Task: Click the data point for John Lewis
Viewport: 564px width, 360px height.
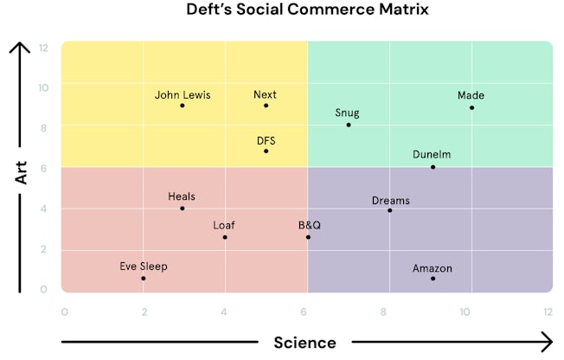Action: click(x=183, y=106)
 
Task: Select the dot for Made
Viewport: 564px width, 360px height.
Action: click(x=471, y=107)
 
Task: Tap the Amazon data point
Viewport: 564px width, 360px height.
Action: click(x=433, y=279)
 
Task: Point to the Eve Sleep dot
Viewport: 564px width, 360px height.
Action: click(x=144, y=279)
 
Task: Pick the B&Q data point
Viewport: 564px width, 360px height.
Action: click(x=308, y=237)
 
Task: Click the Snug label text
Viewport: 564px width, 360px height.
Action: click(x=347, y=112)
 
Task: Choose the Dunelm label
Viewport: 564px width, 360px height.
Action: click(x=432, y=155)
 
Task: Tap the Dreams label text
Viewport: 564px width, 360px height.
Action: click(x=391, y=201)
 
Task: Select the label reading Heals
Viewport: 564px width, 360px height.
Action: click(x=182, y=196)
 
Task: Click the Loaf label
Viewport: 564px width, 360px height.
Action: click(x=224, y=225)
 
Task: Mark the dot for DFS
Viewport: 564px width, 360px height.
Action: click(x=266, y=151)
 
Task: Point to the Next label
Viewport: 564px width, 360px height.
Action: click(x=265, y=94)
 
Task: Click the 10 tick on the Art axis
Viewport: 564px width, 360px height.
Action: click(x=44, y=87)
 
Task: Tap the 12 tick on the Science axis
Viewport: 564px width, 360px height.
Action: click(x=547, y=312)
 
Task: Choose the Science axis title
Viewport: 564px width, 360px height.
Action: click(x=304, y=343)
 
